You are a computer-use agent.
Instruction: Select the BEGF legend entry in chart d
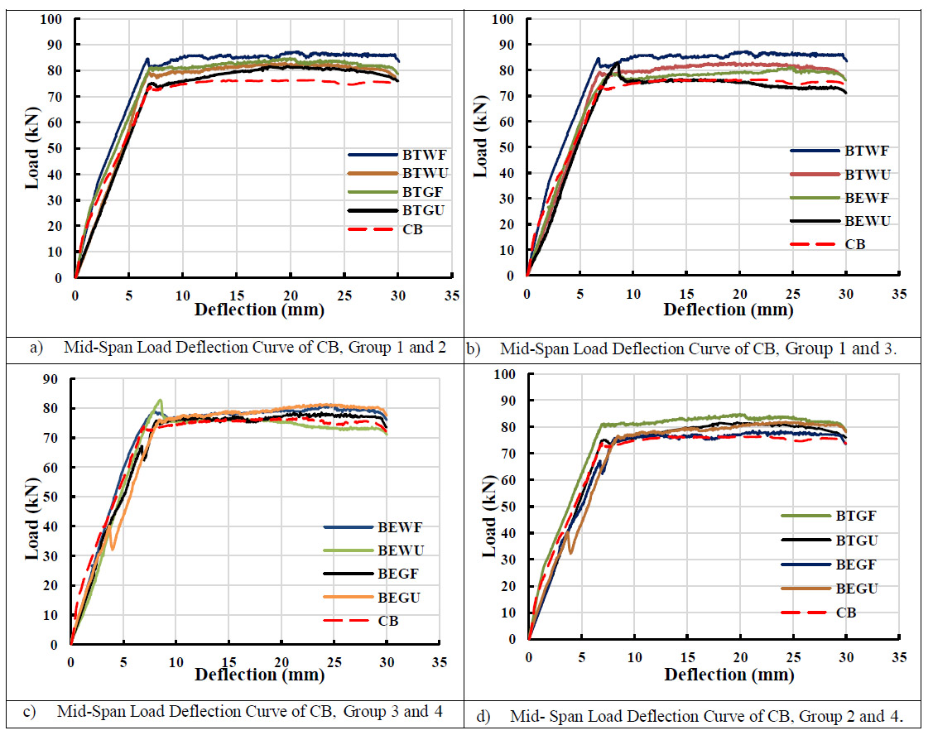pyautogui.click(x=854, y=565)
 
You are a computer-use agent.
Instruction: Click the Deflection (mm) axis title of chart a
pyautogui.click(x=259, y=310)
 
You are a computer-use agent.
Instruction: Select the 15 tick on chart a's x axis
pyautogui.click(x=236, y=295)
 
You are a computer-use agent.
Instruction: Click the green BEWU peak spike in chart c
pyautogui.click(x=160, y=401)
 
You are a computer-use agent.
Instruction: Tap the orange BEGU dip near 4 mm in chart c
pyautogui.click(x=113, y=547)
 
